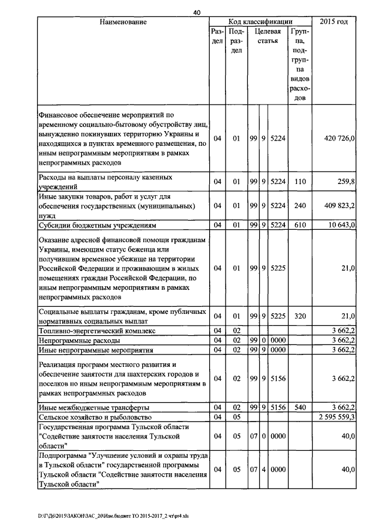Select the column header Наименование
(x=123, y=22)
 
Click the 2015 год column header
(x=335, y=22)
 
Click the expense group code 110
(x=300, y=182)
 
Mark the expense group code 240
(x=300, y=206)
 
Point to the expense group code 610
(x=300, y=225)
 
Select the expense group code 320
(x=300, y=316)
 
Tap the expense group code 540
(x=300, y=407)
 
